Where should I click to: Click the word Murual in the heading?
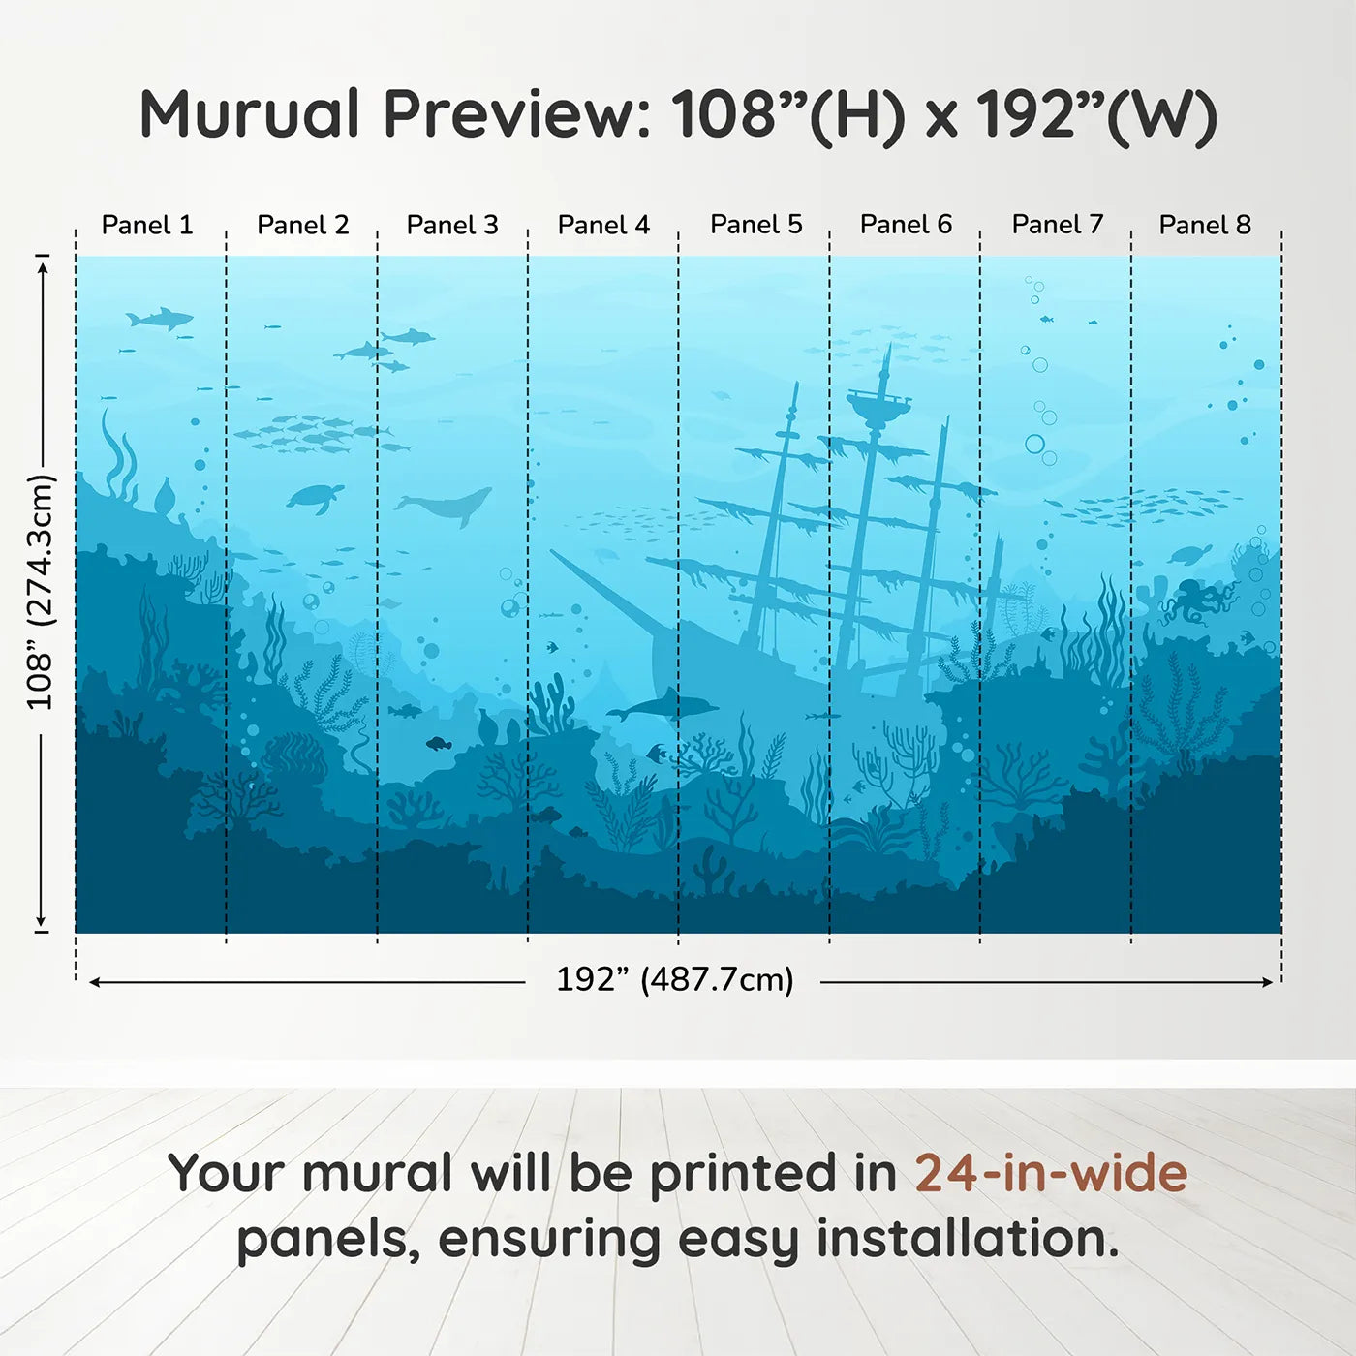(x=250, y=114)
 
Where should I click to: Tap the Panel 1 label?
(x=147, y=225)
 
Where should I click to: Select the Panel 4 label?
(x=603, y=225)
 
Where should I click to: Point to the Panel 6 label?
(x=906, y=225)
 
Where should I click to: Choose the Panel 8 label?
(x=1205, y=225)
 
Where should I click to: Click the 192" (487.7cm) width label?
(x=674, y=979)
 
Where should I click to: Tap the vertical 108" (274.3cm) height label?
(x=40, y=593)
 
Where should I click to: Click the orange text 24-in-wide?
(x=1051, y=1173)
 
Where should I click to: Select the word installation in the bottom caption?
(x=967, y=1239)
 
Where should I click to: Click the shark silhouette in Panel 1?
(x=160, y=318)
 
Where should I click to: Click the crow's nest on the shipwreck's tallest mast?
(x=878, y=403)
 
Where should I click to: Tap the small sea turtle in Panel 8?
(x=1189, y=554)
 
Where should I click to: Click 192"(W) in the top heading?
(x=1095, y=114)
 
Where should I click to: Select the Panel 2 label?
(x=302, y=225)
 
